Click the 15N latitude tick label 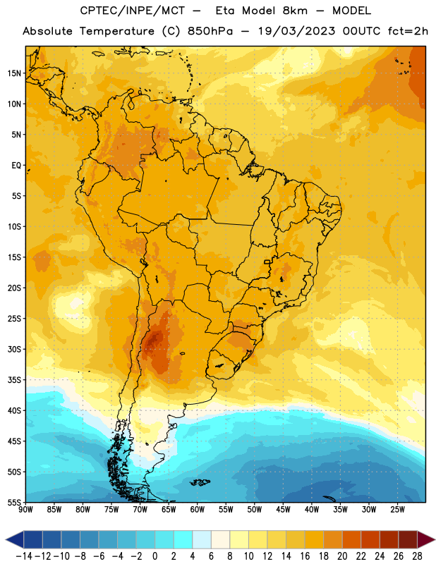[x=14, y=73]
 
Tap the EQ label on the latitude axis [x=16, y=166]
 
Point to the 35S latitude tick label [x=14, y=380]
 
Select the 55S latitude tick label [x=14, y=502]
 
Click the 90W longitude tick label [x=26, y=510]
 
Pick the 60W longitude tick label [x=198, y=510]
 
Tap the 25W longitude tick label [x=397, y=510]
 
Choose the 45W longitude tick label [x=283, y=510]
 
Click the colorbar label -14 [x=25, y=556]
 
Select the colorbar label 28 [x=417, y=556]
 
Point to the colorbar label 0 [x=155, y=556]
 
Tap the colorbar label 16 [x=305, y=556]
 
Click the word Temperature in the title [x=117, y=31]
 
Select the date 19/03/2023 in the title [x=297, y=31]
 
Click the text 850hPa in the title [x=210, y=31]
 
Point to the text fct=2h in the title [x=408, y=31]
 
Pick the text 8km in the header [x=295, y=11]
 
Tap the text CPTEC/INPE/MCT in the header [x=133, y=11]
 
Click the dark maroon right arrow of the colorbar [x=426, y=539]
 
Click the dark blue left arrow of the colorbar [x=15, y=539]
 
